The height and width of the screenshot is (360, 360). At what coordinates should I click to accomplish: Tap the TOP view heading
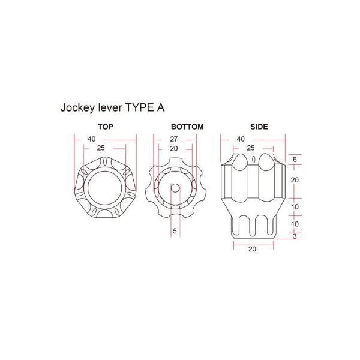click(106, 127)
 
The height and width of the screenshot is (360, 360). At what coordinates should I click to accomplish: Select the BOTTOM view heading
click(187, 127)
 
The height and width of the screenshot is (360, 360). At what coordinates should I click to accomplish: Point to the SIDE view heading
click(259, 127)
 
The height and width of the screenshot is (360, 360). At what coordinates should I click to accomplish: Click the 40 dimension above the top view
click(91, 139)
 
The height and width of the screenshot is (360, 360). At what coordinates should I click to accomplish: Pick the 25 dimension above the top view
click(101, 148)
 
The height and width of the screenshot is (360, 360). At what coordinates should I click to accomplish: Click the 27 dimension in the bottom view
click(174, 139)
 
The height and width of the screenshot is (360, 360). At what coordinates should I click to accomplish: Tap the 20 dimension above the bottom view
click(174, 149)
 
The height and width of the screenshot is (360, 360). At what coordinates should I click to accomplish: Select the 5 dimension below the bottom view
click(175, 231)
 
